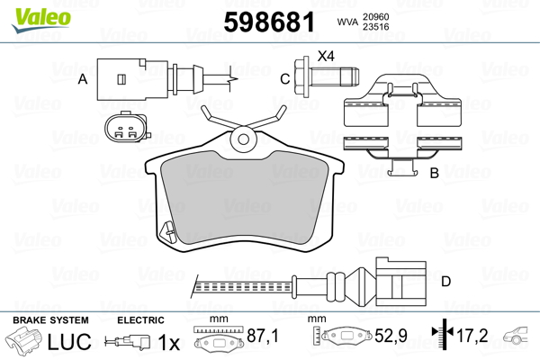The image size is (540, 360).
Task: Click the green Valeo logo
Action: (41, 20)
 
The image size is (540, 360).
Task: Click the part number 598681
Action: (269, 22)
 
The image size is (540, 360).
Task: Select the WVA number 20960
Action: (375, 16)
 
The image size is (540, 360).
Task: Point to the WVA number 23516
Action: (375, 26)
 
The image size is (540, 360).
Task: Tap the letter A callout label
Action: (83, 79)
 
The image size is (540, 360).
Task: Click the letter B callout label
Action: (435, 173)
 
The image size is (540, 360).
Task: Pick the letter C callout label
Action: (284, 79)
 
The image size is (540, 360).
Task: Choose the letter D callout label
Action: (446, 282)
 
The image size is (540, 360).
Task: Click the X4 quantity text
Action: (326, 56)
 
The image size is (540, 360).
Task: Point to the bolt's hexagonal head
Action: (302, 76)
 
